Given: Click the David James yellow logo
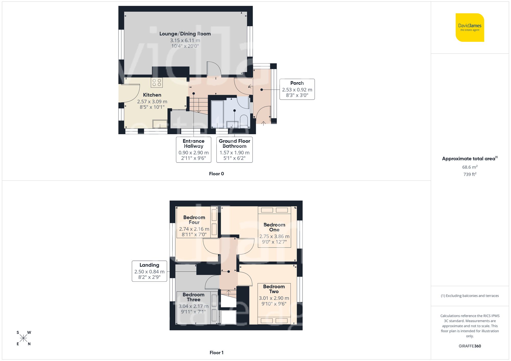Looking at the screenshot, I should (x=470, y=28).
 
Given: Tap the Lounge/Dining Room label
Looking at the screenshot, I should (x=185, y=34).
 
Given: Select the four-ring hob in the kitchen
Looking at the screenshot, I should (x=157, y=82).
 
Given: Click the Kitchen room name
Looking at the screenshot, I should (x=152, y=95).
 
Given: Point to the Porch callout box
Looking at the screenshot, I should (x=297, y=89).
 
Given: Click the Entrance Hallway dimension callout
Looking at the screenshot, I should (x=193, y=150).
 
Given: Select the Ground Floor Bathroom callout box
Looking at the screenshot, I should (x=234, y=150).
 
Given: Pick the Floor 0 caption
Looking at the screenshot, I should (x=216, y=174).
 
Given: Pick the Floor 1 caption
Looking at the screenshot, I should (x=216, y=353).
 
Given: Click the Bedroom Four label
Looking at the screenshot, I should (x=194, y=220).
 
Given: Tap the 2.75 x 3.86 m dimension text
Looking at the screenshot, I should (x=274, y=236).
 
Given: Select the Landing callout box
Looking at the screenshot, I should (x=149, y=271).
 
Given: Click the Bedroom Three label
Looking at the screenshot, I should (x=193, y=297).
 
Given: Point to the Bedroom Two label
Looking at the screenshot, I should (x=274, y=289).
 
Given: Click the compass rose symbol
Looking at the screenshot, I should (x=23, y=338).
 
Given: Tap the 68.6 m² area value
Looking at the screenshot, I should (x=470, y=167).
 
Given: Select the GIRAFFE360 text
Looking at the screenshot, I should (x=470, y=346).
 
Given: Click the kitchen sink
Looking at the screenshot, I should (x=160, y=124).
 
